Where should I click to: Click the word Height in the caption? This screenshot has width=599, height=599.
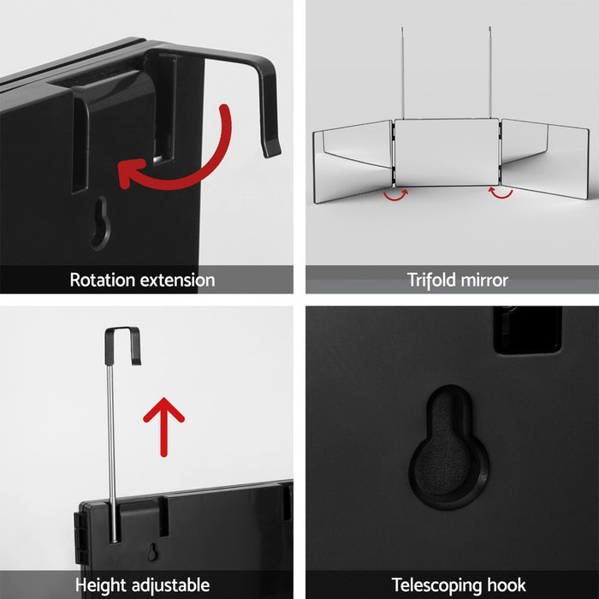(x=103, y=585)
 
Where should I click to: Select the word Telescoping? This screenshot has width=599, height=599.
(x=432, y=585)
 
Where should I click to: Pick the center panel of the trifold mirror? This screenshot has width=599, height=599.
(x=445, y=152)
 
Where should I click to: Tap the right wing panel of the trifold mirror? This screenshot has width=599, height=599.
(x=543, y=158)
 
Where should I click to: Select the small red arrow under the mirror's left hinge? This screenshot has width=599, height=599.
(x=395, y=194)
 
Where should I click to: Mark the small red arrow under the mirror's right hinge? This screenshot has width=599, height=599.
(x=501, y=193)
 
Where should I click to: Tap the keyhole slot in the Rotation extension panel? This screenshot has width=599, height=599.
(x=100, y=222)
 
